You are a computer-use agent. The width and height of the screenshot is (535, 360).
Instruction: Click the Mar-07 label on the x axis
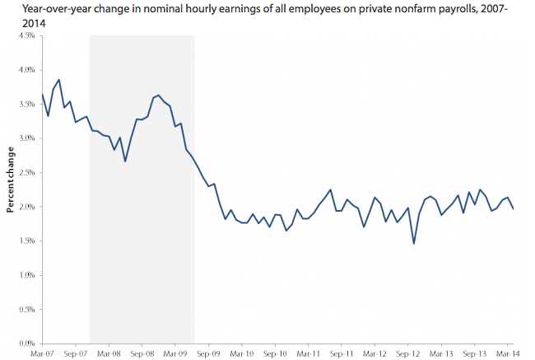point(42,353)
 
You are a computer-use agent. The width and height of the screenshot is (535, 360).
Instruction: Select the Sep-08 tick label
point(142,353)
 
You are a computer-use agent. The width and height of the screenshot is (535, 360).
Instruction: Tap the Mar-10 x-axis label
point(242,353)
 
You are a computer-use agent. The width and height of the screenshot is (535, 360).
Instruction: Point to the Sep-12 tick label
point(408,353)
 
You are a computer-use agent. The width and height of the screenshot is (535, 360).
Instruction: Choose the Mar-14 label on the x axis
point(508,353)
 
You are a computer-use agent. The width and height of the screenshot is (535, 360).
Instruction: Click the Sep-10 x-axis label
point(275,353)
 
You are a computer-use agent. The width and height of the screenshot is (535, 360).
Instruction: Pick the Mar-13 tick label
point(441,353)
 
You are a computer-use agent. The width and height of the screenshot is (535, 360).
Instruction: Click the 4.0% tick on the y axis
point(27,70)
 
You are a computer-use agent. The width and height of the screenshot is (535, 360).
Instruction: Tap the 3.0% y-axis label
point(27,138)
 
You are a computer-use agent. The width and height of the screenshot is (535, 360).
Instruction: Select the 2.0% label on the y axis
point(27,207)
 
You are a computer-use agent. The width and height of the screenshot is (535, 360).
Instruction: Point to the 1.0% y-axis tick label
point(27,275)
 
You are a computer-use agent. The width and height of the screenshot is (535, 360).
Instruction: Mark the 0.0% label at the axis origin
point(27,344)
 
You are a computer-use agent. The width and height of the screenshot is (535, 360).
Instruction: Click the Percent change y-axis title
point(11,180)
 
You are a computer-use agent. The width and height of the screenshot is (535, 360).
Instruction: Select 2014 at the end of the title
point(34,24)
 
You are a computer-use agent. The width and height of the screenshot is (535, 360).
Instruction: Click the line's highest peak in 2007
point(59,80)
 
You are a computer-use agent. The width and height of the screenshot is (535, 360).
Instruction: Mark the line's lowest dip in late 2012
point(414,244)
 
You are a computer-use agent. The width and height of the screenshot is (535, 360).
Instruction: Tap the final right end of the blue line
point(513,208)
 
